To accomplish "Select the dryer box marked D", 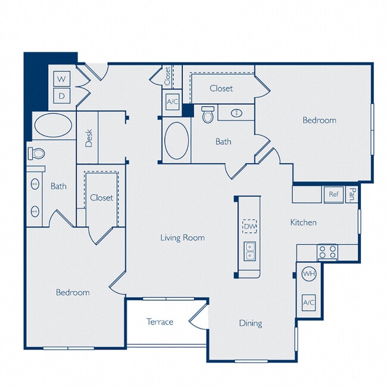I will point(62,95).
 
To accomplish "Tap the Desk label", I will point(89,138).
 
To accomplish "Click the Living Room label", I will point(182,238).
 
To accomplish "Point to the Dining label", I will point(251,323).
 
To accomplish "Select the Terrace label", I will point(160,322).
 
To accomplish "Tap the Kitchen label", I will point(303,223).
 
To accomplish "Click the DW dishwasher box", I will point(249,226).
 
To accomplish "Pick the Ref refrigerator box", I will point(333,194).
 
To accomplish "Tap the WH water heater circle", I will point(308,274).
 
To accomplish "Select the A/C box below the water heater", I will point(308,302).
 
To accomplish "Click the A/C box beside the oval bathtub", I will point(173,102).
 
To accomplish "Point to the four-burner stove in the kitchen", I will point(327,252).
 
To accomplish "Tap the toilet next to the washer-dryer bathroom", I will point(37,154).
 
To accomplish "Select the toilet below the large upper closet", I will point(208,114).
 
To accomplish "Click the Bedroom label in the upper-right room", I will point(319,120).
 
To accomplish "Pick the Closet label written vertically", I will point(168,76).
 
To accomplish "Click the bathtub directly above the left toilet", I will point(53,126).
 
